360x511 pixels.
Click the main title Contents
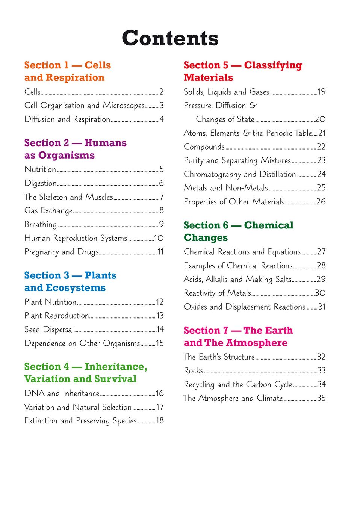(170, 38)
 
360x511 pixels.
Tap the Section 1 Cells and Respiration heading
(67, 71)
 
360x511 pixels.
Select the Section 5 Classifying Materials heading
(242, 71)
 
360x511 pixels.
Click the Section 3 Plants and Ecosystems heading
(70, 281)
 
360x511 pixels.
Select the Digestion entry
(41, 183)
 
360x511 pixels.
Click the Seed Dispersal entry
(49, 330)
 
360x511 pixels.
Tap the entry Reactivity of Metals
(217, 293)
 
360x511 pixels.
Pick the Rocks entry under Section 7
(194, 371)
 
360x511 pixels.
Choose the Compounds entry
(204, 147)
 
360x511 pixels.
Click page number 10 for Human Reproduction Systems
(159, 238)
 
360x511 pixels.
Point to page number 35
(321, 398)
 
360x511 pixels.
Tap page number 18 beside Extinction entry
(160, 421)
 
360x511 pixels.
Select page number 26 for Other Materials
(321, 202)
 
